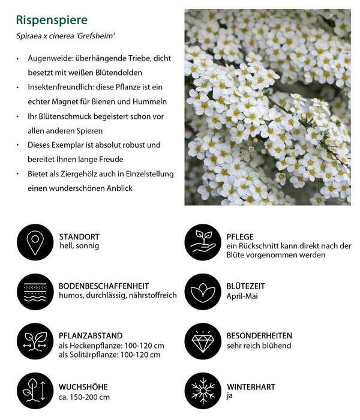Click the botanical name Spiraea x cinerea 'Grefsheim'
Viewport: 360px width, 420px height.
click(65, 37)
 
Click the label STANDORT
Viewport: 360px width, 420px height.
click(79, 236)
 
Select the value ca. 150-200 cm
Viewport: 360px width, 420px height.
click(84, 397)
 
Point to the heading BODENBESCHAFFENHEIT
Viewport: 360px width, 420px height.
click(104, 286)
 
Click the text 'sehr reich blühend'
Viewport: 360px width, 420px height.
click(259, 346)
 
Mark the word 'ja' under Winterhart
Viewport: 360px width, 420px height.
click(230, 397)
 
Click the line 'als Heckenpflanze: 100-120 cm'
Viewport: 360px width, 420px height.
click(112, 346)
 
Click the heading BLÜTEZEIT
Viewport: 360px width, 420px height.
click(246, 286)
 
